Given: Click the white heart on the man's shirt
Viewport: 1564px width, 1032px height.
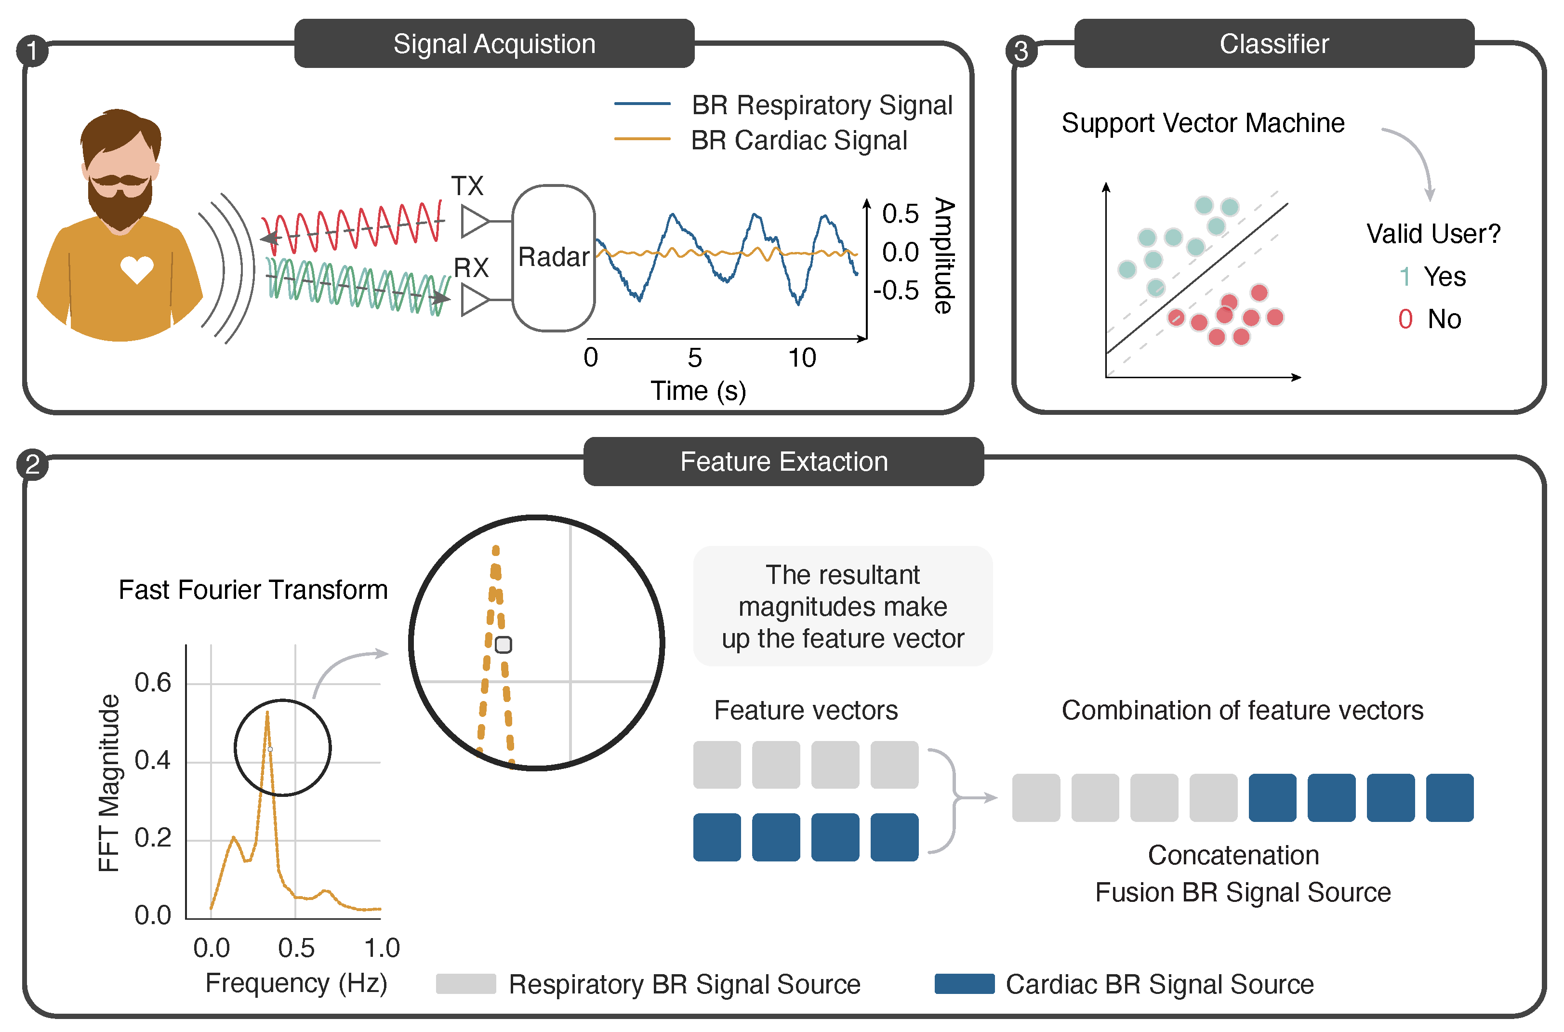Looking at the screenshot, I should [x=137, y=268].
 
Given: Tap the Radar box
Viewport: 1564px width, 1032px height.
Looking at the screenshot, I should [x=553, y=257].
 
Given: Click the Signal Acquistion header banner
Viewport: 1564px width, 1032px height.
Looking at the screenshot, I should [x=494, y=43].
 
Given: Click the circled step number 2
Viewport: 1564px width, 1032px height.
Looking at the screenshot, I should [x=32, y=464].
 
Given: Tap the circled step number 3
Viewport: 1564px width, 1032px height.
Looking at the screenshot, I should [x=1021, y=51].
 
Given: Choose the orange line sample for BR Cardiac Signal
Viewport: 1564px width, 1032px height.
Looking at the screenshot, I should [x=642, y=139].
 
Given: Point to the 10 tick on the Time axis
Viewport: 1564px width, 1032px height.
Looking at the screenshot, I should [x=802, y=358].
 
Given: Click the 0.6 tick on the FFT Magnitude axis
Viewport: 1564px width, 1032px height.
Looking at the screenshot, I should [x=152, y=683].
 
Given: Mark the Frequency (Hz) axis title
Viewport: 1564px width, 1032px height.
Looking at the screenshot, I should [x=296, y=983].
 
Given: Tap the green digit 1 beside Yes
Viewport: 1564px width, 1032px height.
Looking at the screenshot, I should [x=1404, y=277].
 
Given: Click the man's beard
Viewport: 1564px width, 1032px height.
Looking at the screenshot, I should [x=120, y=204].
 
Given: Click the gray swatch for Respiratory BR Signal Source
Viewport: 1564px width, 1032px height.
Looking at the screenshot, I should [x=465, y=983].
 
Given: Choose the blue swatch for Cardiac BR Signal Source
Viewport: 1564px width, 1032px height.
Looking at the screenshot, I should [x=964, y=983].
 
